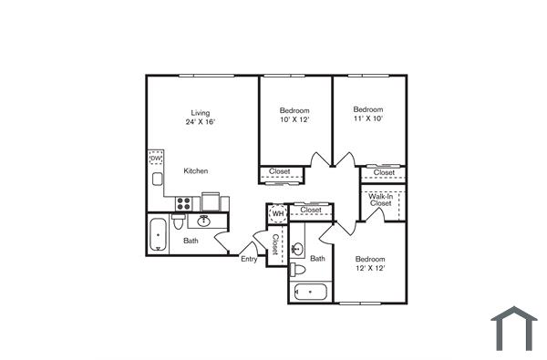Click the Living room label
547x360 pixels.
[200, 112]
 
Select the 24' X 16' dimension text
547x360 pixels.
[200, 121]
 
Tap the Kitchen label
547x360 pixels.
[195, 170]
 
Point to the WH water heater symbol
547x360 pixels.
[277, 214]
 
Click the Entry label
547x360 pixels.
[248, 259]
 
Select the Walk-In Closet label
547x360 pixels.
[380, 200]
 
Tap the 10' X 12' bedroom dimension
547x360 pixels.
[294, 119]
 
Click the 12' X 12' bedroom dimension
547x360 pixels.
[370, 268]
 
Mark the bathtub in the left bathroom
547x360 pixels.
[160, 234]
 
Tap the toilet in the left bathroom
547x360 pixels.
[180, 221]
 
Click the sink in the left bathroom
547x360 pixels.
[204, 221]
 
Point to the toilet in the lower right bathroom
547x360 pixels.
[298, 271]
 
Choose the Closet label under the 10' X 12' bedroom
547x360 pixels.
[279, 171]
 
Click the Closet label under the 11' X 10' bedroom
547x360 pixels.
[384, 172]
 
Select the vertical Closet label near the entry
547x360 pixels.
[274, 244]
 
